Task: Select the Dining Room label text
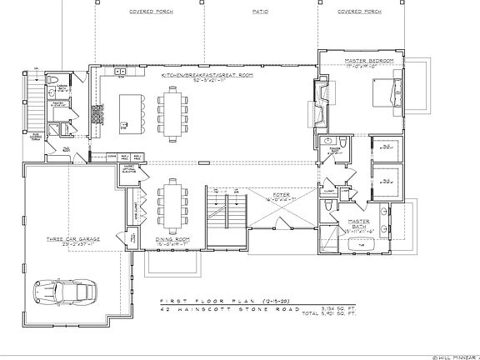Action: [x=170, y=238]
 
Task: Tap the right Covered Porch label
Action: [x=360, y=12]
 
